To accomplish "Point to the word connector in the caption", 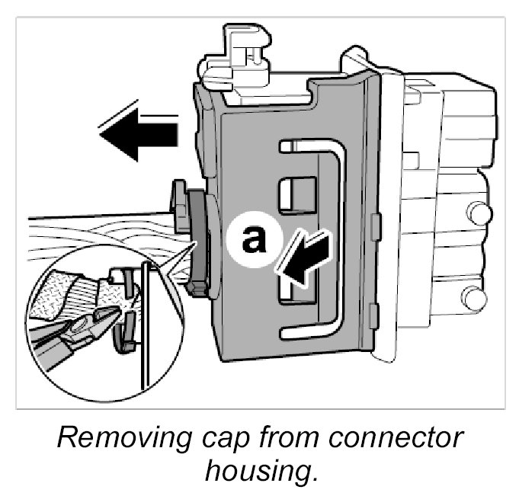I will click(x=400, y=438).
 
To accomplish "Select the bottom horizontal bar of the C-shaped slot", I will click(x=312, y=333).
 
